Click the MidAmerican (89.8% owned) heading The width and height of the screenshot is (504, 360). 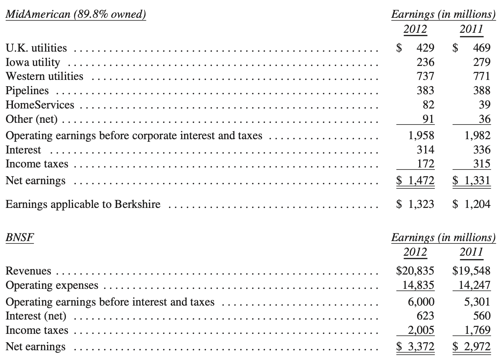tap(76, 14)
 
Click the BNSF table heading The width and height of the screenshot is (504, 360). tap(20, 238)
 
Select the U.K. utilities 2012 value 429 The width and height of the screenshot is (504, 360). tap(425, 48)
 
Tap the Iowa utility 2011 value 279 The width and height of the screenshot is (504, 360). tap(482, 62)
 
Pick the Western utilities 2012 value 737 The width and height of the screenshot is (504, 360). tap(425, 76)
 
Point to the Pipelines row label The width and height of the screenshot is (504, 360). tap(27, 90)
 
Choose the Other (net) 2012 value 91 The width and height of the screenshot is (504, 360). tap(428, 119)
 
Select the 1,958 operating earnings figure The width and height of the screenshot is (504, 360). tap(421, 135)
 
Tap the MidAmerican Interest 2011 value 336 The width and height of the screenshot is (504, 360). tap(482, 150)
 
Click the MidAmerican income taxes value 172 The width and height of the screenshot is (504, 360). tap(425, 164)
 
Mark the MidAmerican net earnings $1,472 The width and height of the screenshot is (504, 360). tap(415, 180)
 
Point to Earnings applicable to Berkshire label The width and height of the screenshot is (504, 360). tap(83, 204)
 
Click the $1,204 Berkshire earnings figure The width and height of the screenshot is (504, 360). tap(472, 204)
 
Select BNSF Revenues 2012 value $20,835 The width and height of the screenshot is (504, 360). tap(415, 271)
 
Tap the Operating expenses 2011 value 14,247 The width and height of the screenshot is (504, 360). tap(474, 285)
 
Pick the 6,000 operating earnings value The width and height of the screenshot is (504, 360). tap(421, 301)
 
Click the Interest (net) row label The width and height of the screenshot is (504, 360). tap(36, 316)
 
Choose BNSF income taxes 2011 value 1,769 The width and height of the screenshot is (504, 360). tap(477, 330)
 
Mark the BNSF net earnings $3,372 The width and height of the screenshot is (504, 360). tap(415, 346)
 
